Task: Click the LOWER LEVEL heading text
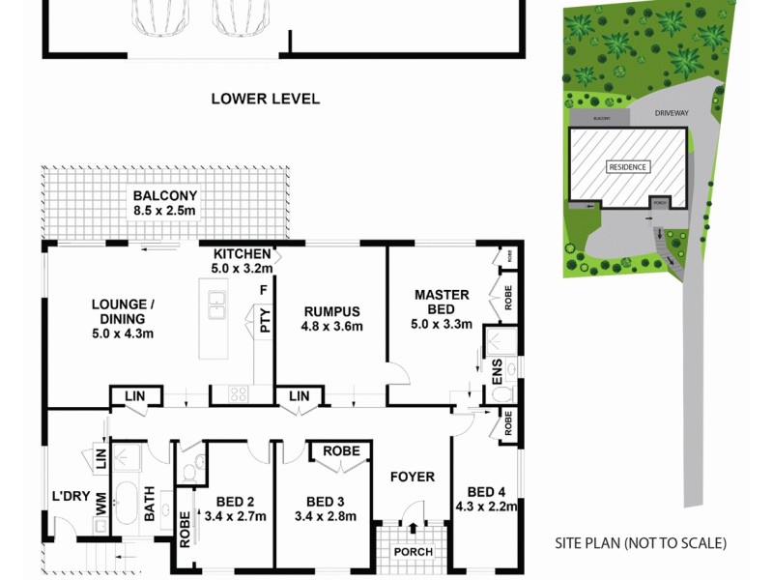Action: (265, 99)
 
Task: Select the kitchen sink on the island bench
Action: (216, 305)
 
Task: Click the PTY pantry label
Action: (264, 321)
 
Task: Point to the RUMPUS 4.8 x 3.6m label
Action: (330, 319)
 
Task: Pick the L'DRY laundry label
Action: (72, 497)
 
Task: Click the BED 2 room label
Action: (235, 508)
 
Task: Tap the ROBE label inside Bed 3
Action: (341, 451)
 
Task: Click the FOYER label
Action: (412, 477)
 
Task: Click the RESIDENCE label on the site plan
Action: (628, 166)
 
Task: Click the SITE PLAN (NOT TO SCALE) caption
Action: (641, 543)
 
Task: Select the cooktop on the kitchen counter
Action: (237, 393)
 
